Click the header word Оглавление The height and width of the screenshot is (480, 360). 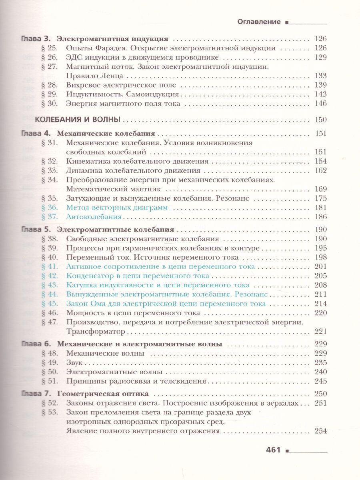(259, 22)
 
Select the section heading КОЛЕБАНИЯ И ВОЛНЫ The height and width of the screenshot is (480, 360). (78, 120)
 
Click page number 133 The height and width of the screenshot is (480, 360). (321, 76)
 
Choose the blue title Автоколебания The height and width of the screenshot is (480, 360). (94, 217)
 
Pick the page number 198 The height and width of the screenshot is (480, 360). (321, 258)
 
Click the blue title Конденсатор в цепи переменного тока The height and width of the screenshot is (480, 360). (138, 276)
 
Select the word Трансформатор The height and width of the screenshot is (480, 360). (96, 331)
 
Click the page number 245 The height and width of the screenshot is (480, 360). (321, 381)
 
